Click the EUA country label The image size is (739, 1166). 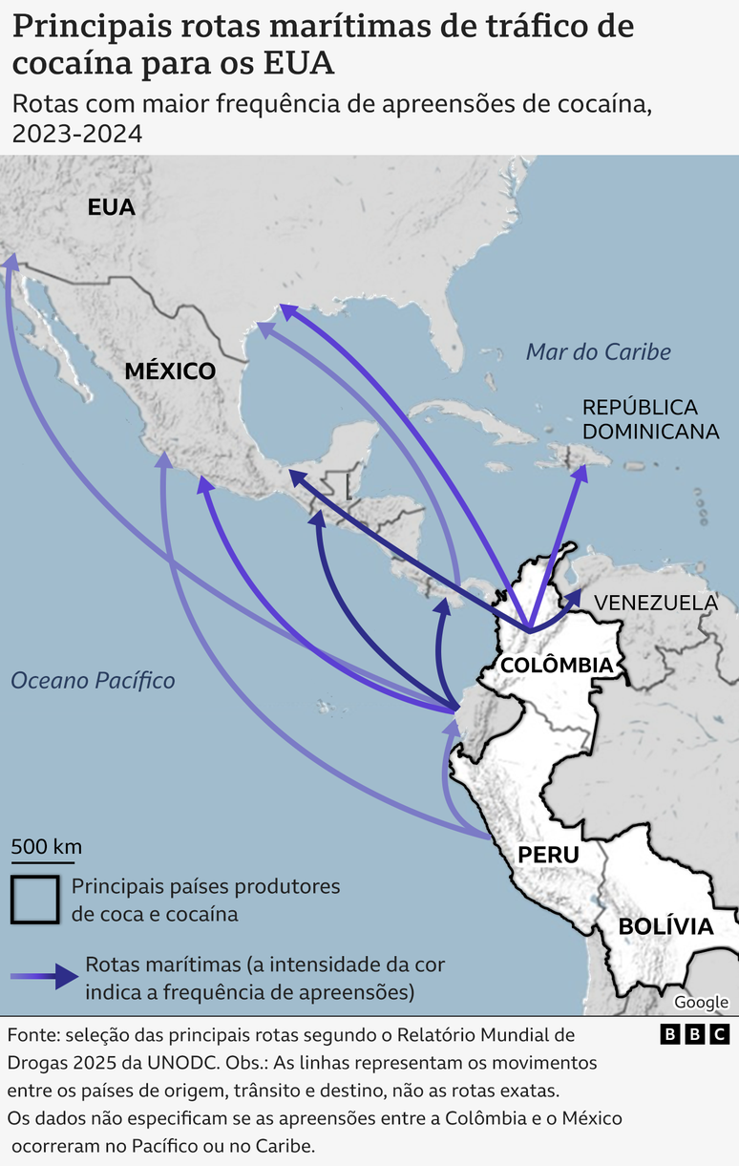[x=111, y=207]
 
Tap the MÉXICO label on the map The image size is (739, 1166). [x=170, y=371]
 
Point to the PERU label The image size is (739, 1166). [x=548, y=854]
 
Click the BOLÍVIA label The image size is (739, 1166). [x=665, y=925]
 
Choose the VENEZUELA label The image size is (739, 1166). [x=655, y=603]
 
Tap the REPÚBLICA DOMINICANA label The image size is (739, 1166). [x=650, y=419]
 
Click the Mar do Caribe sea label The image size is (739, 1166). [x=598, y=351]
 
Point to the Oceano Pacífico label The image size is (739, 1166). [x=93, y=680]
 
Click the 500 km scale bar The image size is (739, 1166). [x=46, y=857]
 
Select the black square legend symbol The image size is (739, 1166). [x=35, y=899]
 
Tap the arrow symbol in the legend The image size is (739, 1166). [x=46, y=976]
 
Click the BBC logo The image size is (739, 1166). [x=695, y=1034]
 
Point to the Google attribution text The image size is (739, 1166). [x=701, y=1002]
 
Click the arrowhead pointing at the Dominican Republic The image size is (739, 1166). [x=580, y=474]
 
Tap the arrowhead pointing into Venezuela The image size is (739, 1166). [x=575, y=597]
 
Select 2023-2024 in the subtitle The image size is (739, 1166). [x=77, y=134]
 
